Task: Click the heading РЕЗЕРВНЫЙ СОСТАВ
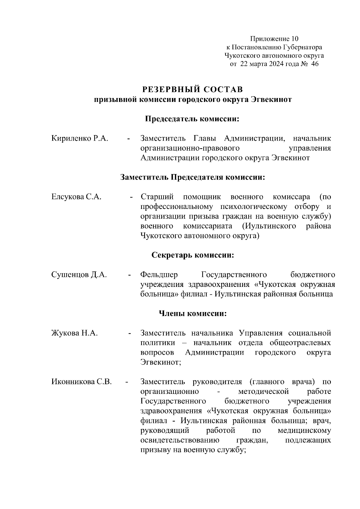coord(192,90)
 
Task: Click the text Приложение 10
coord(274,39)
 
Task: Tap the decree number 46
coord(315,64)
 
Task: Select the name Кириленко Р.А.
coord(79,138)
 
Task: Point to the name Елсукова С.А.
coord(76,197)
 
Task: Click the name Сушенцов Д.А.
coord(79,275)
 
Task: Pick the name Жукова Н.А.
coord(74,333)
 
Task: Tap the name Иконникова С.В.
coord(82,382)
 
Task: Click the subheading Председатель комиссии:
coord(192,119)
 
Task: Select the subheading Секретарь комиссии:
coord(192,255)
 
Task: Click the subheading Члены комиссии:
coord(192,314)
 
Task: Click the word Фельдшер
coord(159,275)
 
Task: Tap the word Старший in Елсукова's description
coord(157,197)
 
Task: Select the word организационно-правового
coord(190,148)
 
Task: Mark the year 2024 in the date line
coord(270,64)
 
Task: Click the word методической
coord(263,391)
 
